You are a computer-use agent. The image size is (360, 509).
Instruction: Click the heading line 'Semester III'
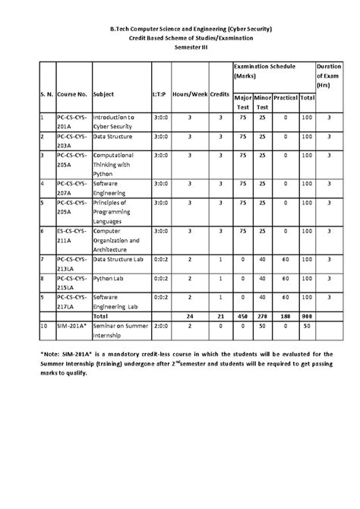coord(180,46)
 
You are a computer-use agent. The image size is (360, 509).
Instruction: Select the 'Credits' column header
coord(219,95)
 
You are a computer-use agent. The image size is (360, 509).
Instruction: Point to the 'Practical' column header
coord(286,98)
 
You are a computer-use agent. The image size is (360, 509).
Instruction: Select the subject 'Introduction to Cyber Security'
coord(112,122)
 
